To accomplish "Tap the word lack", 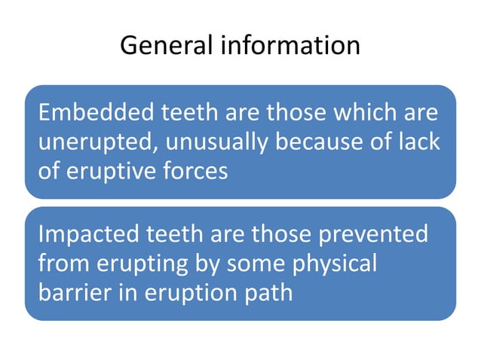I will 418,142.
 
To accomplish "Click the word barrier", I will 72,291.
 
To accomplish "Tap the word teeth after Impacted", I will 181,234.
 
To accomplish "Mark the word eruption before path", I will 187,291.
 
